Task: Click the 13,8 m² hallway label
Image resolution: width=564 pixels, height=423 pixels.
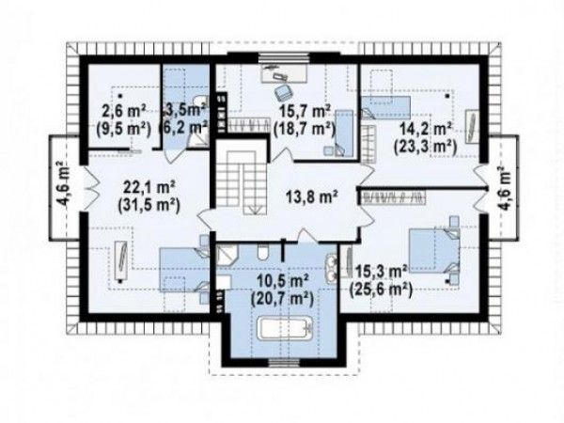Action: [x=311, y=196]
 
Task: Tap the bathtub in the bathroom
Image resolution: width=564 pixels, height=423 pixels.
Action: [x=285, y=328]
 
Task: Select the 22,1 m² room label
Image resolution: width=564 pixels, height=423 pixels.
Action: [x=149, y=187]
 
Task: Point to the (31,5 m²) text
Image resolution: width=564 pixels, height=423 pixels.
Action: [x=149, y=205]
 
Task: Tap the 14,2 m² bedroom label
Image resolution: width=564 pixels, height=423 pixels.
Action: [x=426, y=129]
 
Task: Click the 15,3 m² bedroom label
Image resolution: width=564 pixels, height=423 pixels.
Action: [x=382, y=271]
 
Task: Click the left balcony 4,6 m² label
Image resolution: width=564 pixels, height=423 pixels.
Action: [x=64, y=183]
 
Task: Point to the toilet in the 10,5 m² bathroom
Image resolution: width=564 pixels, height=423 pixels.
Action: [x=262, y=253]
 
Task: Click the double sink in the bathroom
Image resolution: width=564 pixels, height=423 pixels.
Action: [x=331, y=267]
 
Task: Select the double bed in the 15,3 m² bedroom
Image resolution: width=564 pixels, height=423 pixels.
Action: [x=434, y=251]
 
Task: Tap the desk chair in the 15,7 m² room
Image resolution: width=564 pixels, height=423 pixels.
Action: [x=283, y=92]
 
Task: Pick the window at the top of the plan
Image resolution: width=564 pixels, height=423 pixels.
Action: [x=284, y=56]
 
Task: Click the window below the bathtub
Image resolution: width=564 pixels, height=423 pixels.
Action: [x=284, y=363]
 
